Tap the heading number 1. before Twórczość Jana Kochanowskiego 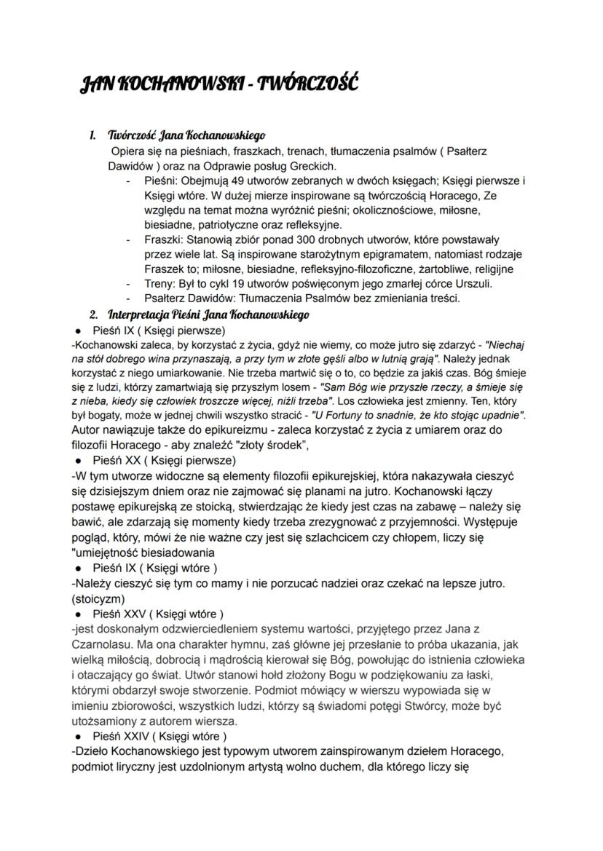92,136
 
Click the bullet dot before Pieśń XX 77,461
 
